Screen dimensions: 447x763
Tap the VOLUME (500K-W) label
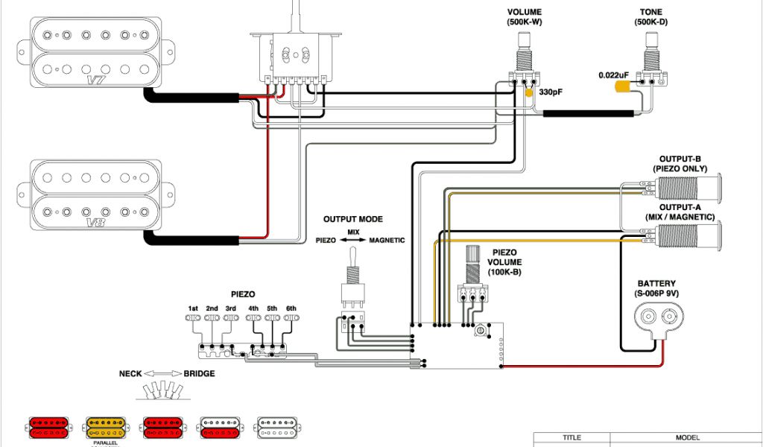pos(524,17)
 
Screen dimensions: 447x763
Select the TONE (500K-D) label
pos(650,17)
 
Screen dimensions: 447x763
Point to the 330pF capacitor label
pos(550,93)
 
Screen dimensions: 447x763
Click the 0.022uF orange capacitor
pos(624,86)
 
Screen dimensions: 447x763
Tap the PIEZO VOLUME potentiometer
pos(472,276)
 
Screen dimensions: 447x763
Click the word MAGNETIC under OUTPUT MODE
pos(387,241)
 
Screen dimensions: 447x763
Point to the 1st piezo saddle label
pos(193,308)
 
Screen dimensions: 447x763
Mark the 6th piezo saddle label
pos(291,308)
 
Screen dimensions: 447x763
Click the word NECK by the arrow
pos(131,374)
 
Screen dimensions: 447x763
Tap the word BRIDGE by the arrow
pos(199,374)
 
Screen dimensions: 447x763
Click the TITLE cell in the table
pos(572,439)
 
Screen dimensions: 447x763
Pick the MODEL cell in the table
pos(686,439)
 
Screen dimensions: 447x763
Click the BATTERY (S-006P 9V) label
pos(656,288)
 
